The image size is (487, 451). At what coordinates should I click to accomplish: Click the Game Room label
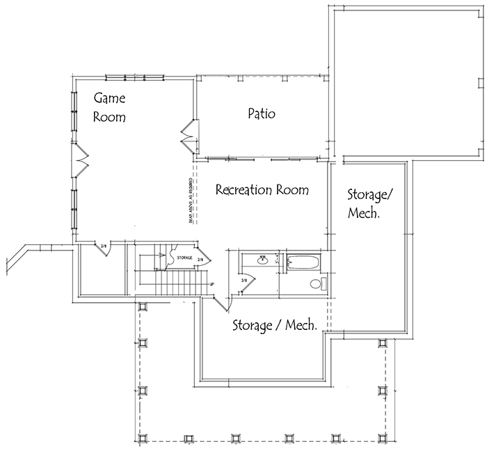[110, 108]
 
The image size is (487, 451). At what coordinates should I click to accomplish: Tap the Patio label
[261, 113]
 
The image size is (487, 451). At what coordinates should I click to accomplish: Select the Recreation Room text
[262, 189]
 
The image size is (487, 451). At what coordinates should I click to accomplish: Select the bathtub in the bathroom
[303, 262]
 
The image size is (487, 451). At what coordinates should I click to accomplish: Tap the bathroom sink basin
[263, 261]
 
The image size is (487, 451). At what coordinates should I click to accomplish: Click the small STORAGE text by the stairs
[186, 257]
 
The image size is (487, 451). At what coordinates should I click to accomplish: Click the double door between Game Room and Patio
[188, 134]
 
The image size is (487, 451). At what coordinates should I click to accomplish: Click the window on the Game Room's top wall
[134, 77]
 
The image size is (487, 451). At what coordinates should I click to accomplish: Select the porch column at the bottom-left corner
[143, 438]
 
